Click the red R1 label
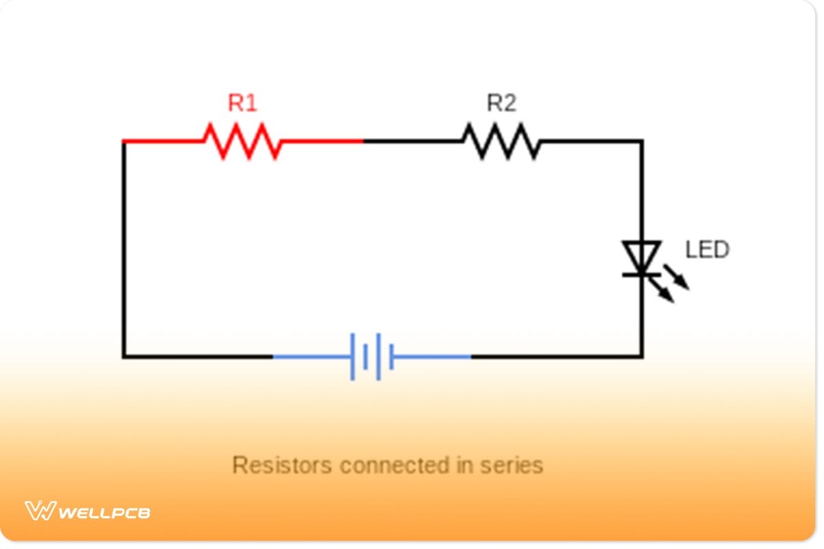coord(242,104)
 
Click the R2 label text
coord(501,104)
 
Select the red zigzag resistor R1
coord(242,141)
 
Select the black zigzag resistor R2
coord(501,141)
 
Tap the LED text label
coord(707,250)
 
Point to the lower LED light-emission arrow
coord(663,292)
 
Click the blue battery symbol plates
coord(371,357)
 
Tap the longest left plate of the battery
coord(353,357)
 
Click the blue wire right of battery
coord(433,357)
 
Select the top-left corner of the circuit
coord(124,141)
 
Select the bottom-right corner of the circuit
coord(641,357)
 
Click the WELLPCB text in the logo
coord(104,513)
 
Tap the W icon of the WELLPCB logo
coord(40,511)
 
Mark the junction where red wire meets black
coord(363,141)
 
